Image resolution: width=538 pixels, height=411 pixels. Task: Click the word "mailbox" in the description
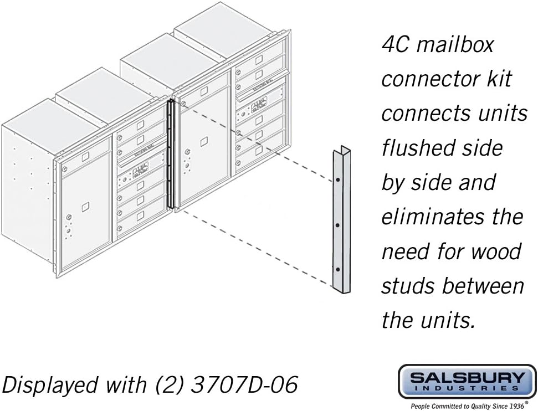[455, 45]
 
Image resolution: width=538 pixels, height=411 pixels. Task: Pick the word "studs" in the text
[408, 286]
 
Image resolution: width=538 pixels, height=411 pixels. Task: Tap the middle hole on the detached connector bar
[338, 225]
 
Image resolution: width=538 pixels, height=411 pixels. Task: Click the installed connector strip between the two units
[171, 155]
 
